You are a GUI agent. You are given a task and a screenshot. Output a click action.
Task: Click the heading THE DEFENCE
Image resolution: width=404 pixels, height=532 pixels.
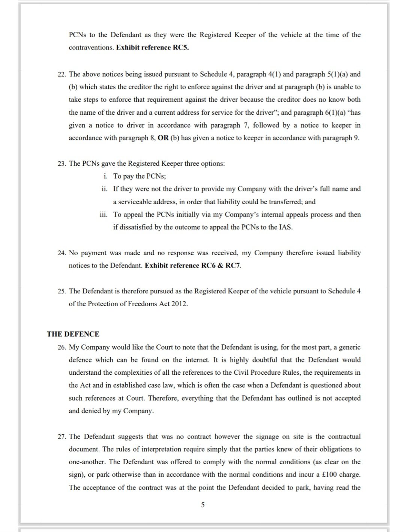coord(73,334)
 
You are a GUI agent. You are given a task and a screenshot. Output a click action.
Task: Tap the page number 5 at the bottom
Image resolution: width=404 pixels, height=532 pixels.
coord(203,505)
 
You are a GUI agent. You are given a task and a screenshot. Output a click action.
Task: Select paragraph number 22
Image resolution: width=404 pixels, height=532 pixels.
coord(62,74)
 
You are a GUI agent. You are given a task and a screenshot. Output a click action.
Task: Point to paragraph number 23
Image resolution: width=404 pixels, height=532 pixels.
coord(62,164)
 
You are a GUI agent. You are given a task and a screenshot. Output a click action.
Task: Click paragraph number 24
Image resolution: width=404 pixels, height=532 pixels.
coord(62,253)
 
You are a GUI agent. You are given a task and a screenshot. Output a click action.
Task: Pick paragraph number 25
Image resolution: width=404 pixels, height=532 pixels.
coord(62,291)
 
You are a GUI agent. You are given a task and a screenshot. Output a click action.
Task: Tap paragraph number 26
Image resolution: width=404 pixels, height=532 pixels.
coord(62,347)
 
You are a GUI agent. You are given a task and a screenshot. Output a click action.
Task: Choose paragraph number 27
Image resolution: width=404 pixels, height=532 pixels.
coord(62,436)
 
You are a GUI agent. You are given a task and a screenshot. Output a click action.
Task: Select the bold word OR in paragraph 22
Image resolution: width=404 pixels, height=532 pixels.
coord(163,138)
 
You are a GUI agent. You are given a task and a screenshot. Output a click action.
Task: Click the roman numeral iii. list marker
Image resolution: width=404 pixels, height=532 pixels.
coord(103,215)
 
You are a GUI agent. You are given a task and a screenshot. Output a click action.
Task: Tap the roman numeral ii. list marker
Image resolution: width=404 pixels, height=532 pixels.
coord(104,189)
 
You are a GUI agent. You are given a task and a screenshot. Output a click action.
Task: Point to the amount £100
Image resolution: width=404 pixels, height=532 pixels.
coord(329,475)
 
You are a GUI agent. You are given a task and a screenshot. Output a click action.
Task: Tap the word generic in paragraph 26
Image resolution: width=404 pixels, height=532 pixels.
coord(350,347)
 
